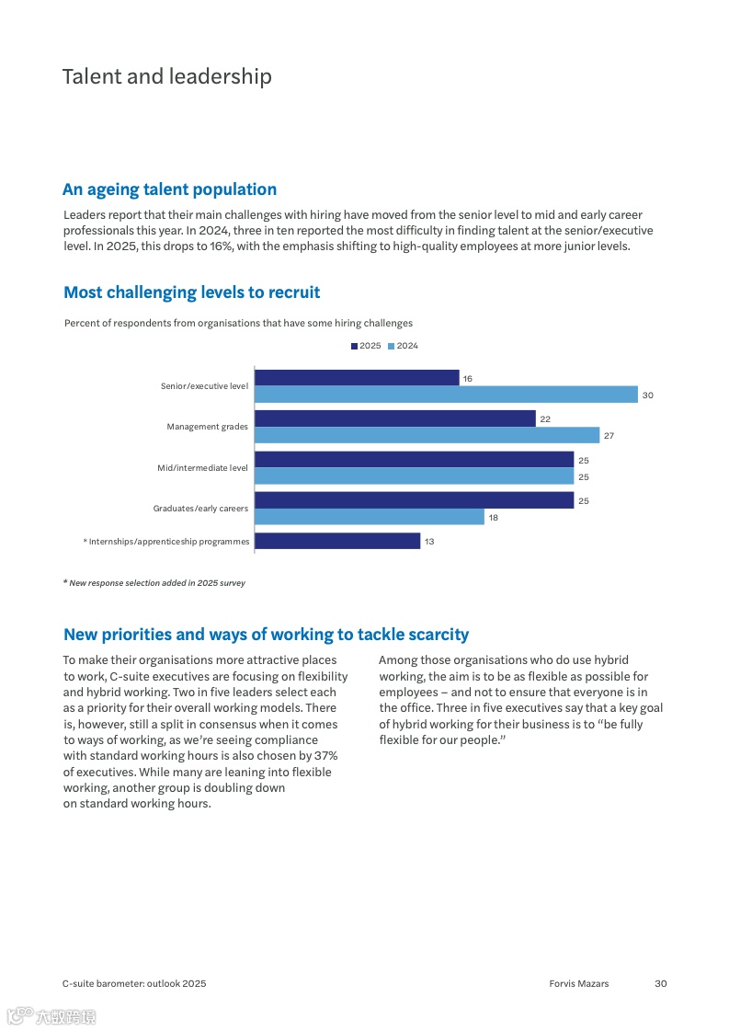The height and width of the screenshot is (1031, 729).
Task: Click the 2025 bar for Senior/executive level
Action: (357, 378)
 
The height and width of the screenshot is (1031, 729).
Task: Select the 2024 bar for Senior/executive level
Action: (446, 395)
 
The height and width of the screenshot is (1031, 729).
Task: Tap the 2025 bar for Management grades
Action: (394, 418)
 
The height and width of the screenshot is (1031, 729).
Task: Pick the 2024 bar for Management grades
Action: (427, 435)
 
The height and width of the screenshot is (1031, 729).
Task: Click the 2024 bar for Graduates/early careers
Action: (369, 517)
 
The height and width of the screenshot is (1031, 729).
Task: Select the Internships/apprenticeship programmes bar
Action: (337, 541)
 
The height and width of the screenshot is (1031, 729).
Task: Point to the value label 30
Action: (647, 395)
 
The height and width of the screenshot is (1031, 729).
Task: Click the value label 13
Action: (429, 542)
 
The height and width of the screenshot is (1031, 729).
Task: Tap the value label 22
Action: (545, 419)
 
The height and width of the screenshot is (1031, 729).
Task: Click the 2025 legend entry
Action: (366, 346)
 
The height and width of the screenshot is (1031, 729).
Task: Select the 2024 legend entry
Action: (404, 346)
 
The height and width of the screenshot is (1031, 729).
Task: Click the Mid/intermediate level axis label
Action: (202, 468)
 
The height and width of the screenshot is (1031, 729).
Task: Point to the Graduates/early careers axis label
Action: (200, 509)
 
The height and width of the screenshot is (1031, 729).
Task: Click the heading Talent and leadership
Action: (166, 76)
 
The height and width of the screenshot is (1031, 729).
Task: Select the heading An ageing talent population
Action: (169, 189)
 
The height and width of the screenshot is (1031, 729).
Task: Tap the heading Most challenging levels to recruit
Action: (191, 292)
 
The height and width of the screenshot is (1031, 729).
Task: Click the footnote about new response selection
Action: (154, 583)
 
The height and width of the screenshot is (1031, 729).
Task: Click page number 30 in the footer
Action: (660, 983)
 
